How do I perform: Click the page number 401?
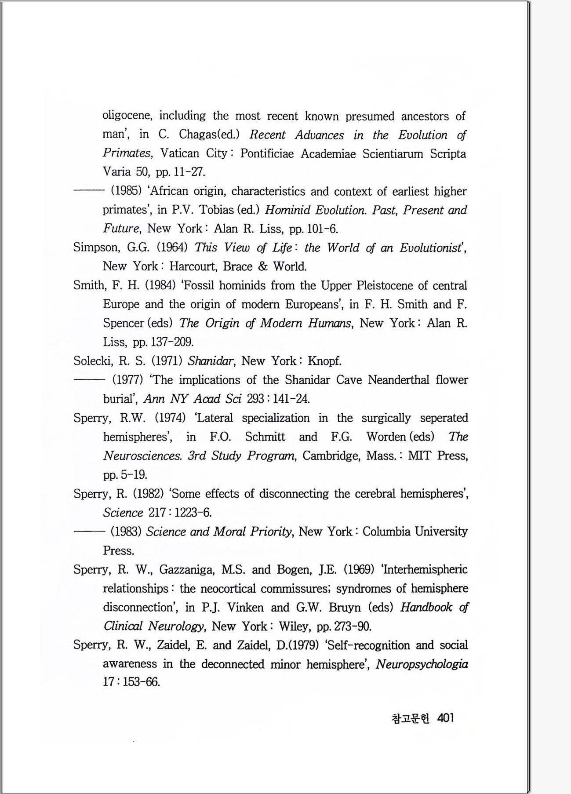pos(445,718)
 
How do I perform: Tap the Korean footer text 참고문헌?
pos(410,718)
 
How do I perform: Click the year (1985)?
pos(125,191)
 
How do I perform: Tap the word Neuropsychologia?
pos(422,664)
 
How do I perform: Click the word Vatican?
pos(179,153)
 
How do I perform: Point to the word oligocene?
pos(127,116)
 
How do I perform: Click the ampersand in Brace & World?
pos(263,266)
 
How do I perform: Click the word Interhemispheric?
pos(425,570)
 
